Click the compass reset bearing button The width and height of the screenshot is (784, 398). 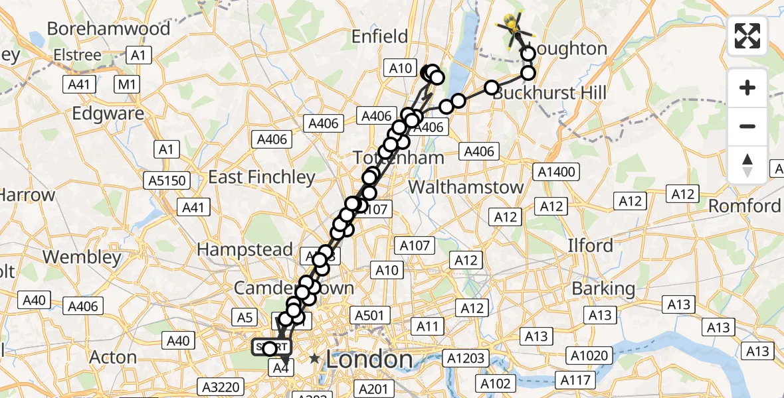747,165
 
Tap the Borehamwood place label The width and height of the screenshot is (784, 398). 108,29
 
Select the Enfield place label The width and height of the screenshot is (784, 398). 380,36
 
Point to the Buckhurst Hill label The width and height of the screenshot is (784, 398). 550,93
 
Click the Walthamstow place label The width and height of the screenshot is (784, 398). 466,187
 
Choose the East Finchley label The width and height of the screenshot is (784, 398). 261,177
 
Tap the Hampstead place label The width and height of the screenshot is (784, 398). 245,250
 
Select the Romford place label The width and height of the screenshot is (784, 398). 744,206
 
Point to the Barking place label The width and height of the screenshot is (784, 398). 604,289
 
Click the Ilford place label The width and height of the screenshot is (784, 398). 590,245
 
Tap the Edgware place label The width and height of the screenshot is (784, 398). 108,113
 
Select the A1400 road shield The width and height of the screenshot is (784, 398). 555,172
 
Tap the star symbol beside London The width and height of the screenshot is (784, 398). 314,360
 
